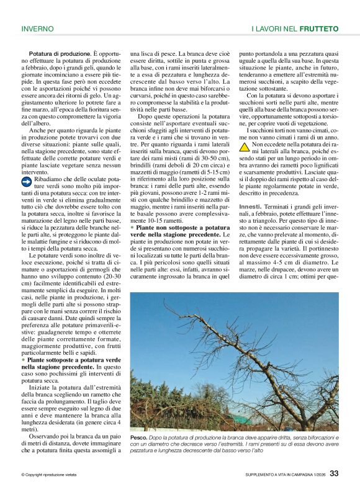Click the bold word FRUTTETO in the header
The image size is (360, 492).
[318, 29]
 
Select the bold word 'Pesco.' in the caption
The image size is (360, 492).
[138, 437]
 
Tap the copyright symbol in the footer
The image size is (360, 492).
[22, 475]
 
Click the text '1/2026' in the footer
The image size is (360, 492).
[317, 475]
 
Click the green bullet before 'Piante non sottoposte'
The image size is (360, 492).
[132, 228]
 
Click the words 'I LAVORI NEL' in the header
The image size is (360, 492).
[274, 29]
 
